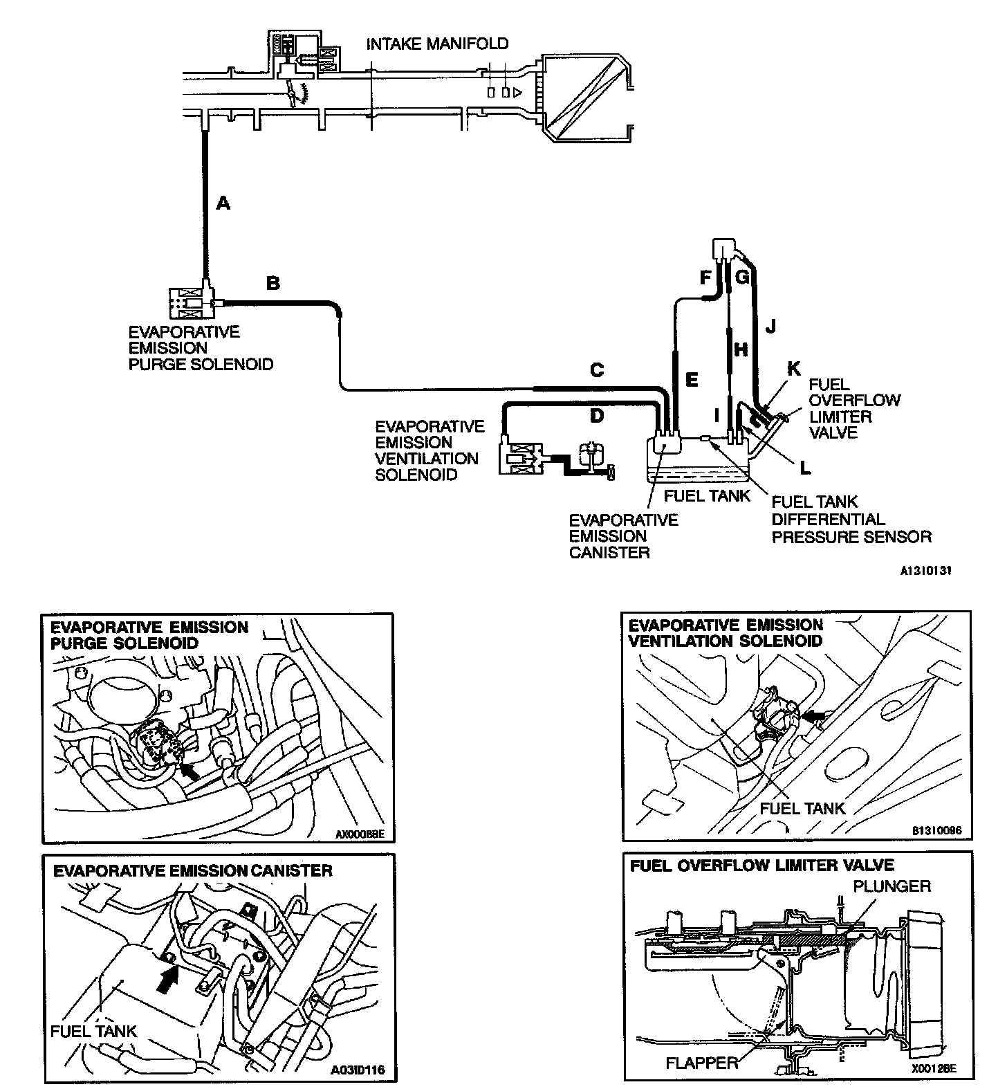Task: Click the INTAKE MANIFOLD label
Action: point(437,44)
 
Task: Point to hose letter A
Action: point(223,203)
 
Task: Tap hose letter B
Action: point(273,283)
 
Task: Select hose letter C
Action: point(597,370)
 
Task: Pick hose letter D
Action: point(597,416)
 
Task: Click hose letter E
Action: point(691,379)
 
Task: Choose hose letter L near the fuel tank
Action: point(804,468)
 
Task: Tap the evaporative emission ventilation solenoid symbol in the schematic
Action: point(520,458)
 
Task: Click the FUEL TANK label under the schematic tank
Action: point(707,495)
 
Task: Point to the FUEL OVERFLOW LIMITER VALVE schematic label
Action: point(854,408)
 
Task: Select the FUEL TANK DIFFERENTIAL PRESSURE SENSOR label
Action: point(851,519)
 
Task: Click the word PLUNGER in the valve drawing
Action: point(891,886)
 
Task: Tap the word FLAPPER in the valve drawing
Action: point(702,1062)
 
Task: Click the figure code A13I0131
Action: point(926,571)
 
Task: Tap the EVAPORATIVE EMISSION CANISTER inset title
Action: point(193,870)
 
